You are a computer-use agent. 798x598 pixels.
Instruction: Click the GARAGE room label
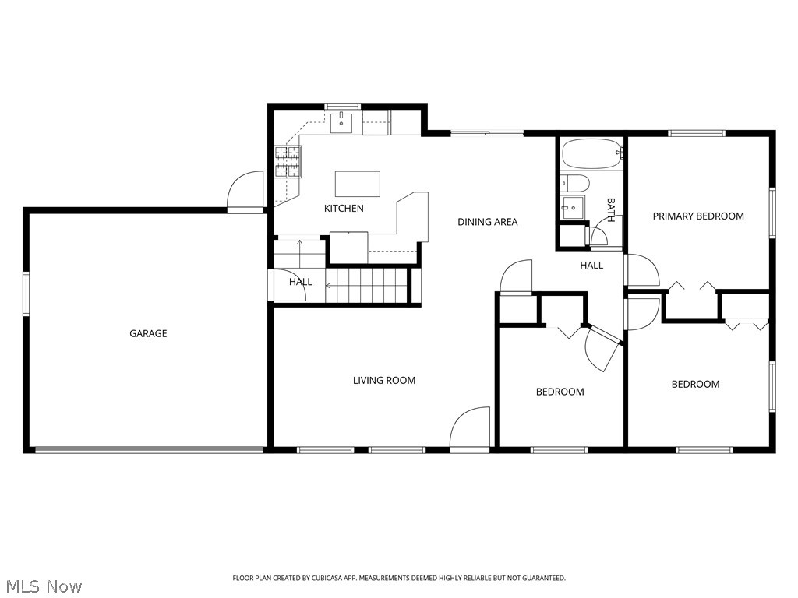click(148, 333)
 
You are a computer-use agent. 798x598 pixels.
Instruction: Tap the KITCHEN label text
click(344, 209)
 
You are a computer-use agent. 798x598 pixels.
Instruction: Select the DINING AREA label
click(487, 222)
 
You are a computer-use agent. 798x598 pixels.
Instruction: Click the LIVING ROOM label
click(384, 381)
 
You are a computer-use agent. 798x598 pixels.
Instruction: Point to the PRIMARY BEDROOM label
click(698, 216)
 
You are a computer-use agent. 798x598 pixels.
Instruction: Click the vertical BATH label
click(611, 210)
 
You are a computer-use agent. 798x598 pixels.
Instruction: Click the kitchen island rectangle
click(358, 184)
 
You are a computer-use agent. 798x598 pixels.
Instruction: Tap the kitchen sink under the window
click(342, 123)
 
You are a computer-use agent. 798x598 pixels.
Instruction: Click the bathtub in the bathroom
click(591, 153)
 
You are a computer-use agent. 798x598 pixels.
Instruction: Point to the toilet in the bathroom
click(575, 184)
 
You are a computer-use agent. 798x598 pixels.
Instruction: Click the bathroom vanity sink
click(573, 207)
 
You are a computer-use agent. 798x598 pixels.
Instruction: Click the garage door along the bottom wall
click(148, 449)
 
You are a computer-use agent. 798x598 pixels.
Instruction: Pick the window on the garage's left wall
click(26, 294)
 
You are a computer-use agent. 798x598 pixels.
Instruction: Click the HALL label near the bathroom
click(591, 266)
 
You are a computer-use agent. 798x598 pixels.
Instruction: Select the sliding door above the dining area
click(487, 133)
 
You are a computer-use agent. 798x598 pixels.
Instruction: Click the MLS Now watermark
click(43, 586)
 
